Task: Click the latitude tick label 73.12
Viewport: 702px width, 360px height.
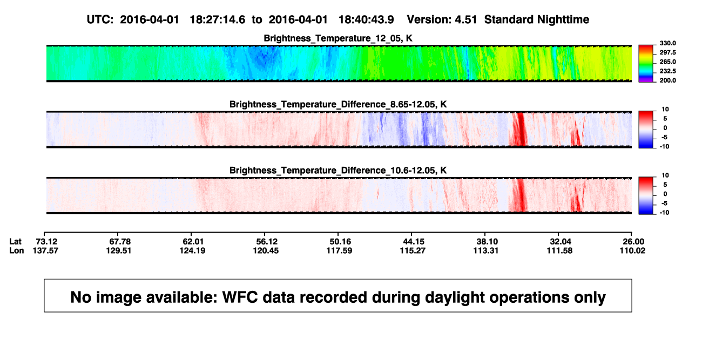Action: [46, 242]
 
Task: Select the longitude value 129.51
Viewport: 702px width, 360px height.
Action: [118, 250]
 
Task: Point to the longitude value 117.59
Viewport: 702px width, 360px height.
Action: [339, 250]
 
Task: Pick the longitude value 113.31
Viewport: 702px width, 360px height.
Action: [486, 250]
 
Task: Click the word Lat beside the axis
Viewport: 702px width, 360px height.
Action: [15, 242]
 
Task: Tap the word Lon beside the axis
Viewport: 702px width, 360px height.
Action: [16, 250]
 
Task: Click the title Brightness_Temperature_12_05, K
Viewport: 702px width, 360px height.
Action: [338, 38]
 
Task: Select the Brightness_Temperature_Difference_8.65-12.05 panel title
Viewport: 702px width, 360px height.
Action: [338, 104]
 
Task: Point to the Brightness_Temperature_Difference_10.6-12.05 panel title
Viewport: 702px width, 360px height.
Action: [338, 171]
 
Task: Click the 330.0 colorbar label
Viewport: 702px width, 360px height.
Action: [667, 43]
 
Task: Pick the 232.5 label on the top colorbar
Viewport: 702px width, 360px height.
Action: [667, 71]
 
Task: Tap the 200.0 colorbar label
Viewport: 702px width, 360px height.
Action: [667, 80]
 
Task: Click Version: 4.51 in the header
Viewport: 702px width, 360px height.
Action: [442, 20]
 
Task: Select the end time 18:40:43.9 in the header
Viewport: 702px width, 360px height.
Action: [366, 20]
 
